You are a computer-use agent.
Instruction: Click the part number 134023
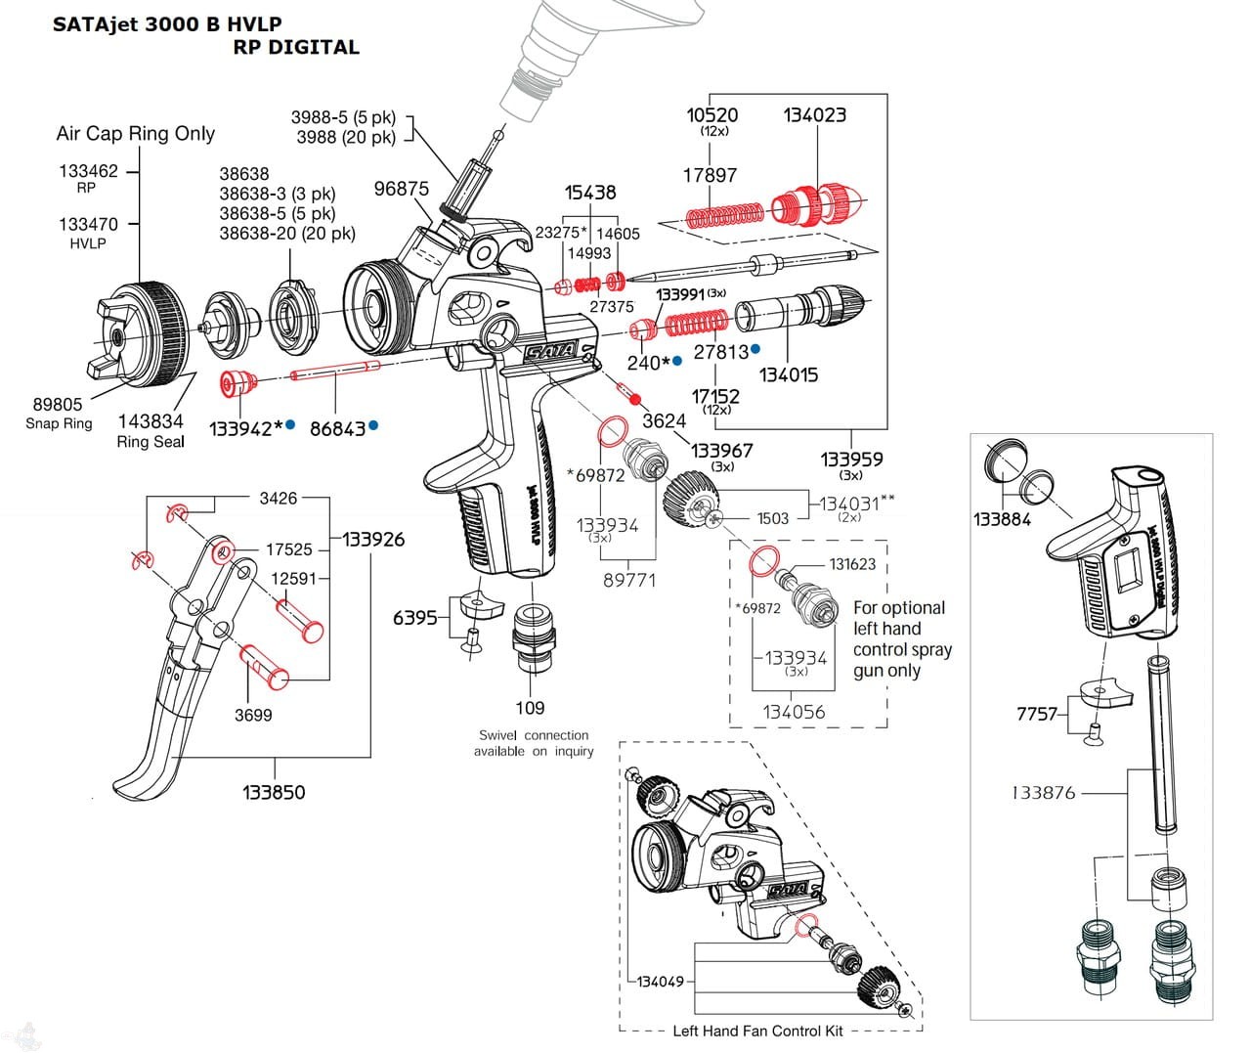(814, 115)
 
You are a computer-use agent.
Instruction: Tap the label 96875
(401, 189)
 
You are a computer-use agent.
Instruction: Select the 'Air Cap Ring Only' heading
(135, 134)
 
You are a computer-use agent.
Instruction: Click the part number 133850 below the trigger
(274, 792)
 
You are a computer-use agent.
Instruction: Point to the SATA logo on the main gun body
(552, 349)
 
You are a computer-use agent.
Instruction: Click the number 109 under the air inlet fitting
(530, 708)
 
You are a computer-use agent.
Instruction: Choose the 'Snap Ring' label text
(59, 423)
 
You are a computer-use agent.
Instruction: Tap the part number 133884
(1002, 519)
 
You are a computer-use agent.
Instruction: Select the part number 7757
(1037, 714)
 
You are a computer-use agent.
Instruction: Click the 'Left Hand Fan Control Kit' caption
(757, 1031)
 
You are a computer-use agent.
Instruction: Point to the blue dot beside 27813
(755, 348)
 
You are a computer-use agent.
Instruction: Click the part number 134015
(788, 374)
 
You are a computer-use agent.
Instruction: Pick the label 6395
(414, 618)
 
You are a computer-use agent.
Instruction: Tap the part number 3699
(253, 715)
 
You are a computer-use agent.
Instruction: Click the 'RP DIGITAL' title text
(296, 47)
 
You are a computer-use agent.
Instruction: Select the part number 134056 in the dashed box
(794, 712)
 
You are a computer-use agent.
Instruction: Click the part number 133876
(1043, 793)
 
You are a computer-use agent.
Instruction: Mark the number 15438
(590, 193)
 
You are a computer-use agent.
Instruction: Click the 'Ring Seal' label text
(151, 442)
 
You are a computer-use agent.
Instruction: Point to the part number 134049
(661, 981)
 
